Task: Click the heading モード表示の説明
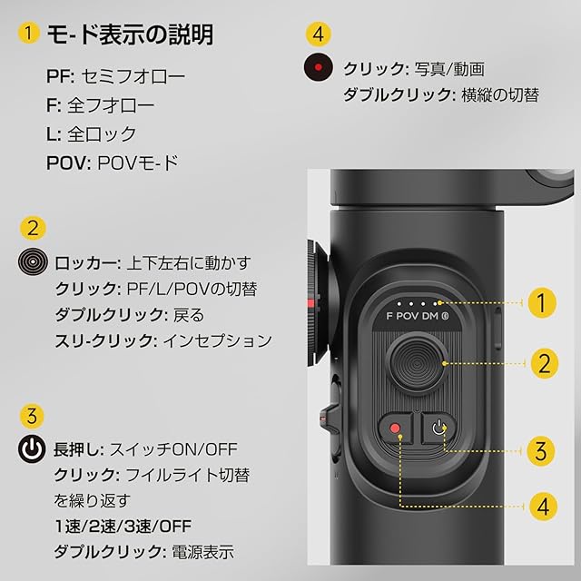[x=130, y=34]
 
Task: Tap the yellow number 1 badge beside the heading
[x=28, y=34]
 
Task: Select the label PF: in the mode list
[x=61, y=76]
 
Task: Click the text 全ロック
[x=102, y=133]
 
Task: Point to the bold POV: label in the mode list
[x=69, y=163]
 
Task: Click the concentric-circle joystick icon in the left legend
[x=33, y=261]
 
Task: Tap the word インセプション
[x=218, y=340]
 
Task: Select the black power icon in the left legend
[x=32, y=448]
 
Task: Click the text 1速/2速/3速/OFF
[x=123, y=527]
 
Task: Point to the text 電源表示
[x=202, y=552]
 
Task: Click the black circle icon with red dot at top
[x=318, y=67]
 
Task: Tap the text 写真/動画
[x=449, y=69]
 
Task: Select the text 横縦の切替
[x=500, y=95]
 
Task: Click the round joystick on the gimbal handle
[x=417, y=363]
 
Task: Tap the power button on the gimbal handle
[x=438, y=428]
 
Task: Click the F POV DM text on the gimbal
[x=418, y=316]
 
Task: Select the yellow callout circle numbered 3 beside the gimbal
[x=541, y=450]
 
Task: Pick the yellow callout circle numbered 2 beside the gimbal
[x=544, y=363]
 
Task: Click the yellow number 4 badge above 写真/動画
[x=319, y=34]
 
